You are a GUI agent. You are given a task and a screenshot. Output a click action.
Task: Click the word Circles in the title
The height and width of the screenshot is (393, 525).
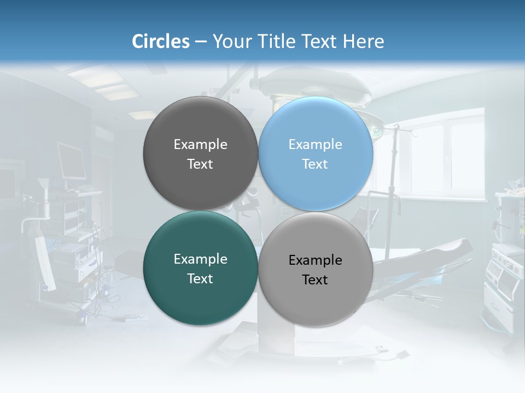(161, 41)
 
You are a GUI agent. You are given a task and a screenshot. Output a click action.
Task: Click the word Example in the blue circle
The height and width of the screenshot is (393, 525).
(316, 145)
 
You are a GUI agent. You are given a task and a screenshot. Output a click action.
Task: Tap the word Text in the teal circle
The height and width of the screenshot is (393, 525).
(200, 279)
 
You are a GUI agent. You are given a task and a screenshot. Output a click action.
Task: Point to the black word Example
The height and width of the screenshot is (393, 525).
(316, 260)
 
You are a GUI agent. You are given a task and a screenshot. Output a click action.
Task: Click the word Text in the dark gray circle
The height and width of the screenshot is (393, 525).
(200, 164)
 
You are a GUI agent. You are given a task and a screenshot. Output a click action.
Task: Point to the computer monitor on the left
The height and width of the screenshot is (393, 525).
(71, 161)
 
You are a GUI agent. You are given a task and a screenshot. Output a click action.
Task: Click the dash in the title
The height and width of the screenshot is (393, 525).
(201, 42)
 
